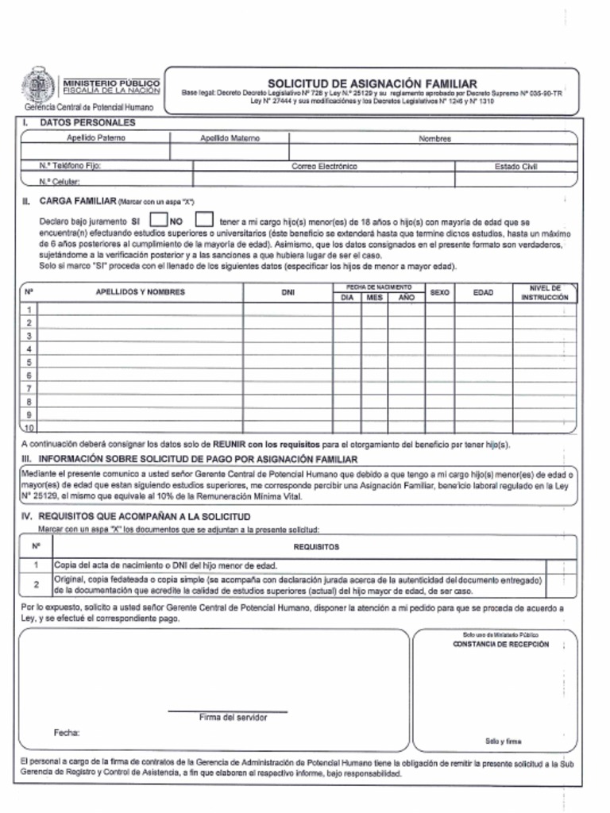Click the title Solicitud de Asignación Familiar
[x=372, y=83]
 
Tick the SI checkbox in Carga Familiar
[x=158, y=219]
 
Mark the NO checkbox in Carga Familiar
[x=204, y=219]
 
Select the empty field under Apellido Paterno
[x=95, y=152]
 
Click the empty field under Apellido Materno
[x=230, y=152]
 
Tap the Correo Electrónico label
[x=324, y=167]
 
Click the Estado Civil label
[x=515, y=167]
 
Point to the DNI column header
[x=288, y=292]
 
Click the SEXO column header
[x=439, y=292]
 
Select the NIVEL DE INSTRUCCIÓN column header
[x=544, y=292]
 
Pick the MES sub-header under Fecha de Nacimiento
[x=374, y=297]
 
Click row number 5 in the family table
[x=29, y=362]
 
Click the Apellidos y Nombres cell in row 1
[x=140, y=310]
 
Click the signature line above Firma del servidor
[x=228, y=711]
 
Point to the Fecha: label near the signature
[x=67, y=732]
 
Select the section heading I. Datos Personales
[x=79, y=123]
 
